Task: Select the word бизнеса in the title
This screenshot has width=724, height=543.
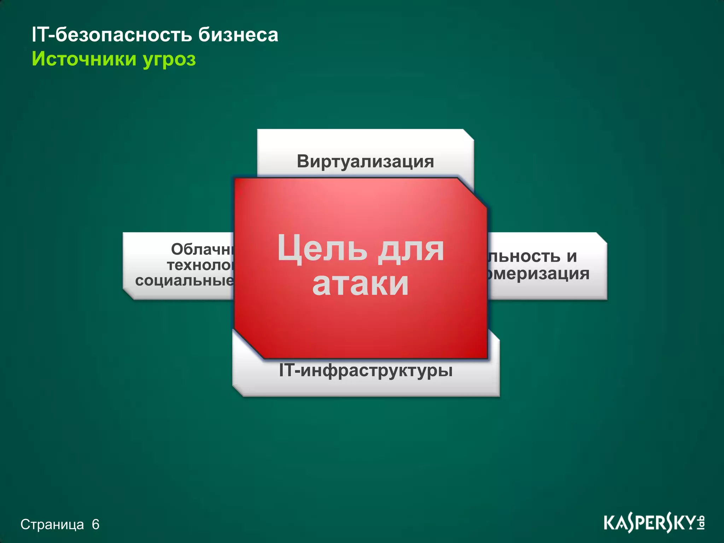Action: tap(238, 35)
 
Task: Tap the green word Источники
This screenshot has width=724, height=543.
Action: tap(84, 59)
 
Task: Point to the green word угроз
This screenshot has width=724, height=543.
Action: tap(169, 59)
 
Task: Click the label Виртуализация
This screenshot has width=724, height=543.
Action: tap(365, 162)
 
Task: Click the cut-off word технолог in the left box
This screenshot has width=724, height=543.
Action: tap(200, 265)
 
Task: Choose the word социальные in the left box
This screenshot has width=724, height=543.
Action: tap(184, 281)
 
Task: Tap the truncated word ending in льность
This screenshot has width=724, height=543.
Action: tap(524, 256)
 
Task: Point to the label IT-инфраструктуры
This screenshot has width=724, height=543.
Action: tap(366, 371)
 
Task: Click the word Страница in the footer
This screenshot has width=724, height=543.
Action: tap(52, 525)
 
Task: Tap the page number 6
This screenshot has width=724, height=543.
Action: tap(95, 525)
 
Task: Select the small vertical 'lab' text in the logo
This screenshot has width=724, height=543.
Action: tap(701, 523)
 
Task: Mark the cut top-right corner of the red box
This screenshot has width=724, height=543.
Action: tap(473, 193)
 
